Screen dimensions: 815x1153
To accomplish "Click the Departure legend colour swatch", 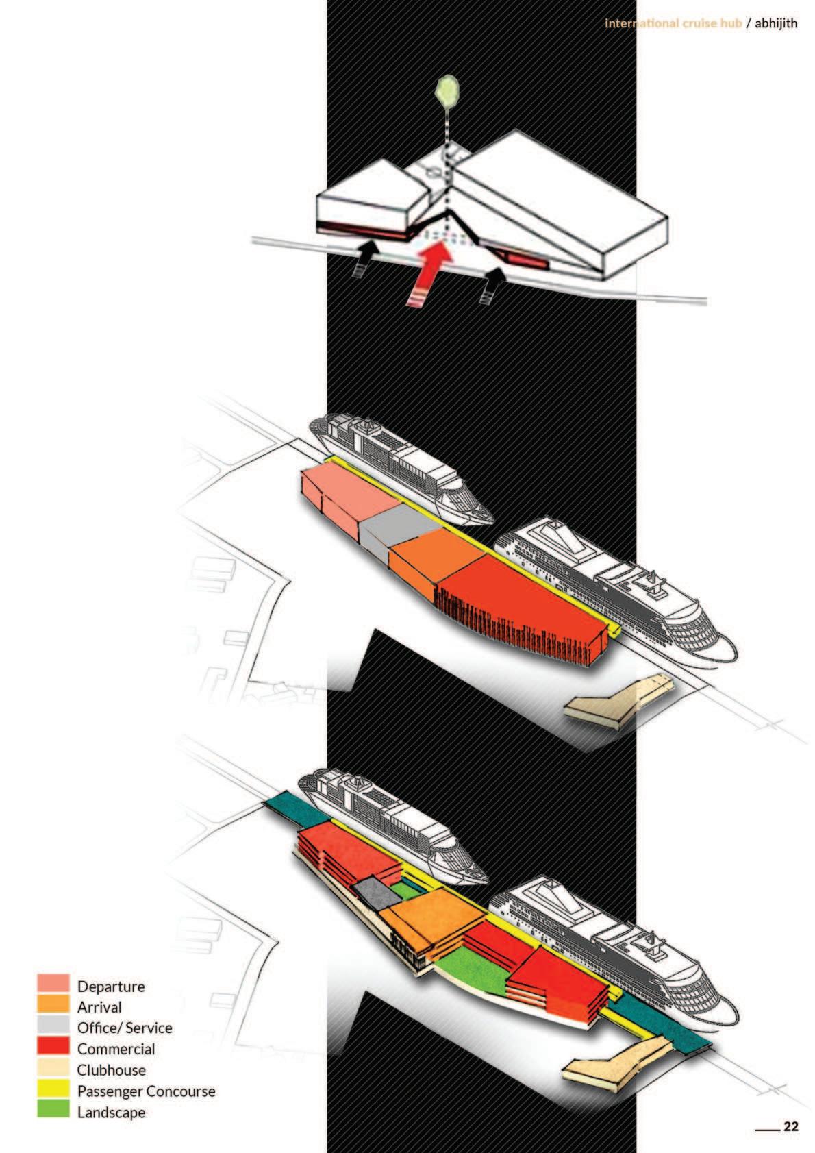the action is [x=53, y=984].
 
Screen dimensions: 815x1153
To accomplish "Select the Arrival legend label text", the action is [x=99, y=1007].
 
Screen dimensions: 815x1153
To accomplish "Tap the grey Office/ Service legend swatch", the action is [x=53, y=1026].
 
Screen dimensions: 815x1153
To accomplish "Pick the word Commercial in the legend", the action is [x=116, y=1049].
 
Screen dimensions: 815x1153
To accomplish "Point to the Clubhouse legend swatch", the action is [x=53, y=1068].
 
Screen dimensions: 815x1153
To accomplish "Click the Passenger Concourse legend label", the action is [x=146, y=1091].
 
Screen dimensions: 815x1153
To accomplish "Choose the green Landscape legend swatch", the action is [x=53, y=1110].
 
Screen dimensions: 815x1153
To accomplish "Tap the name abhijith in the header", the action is [x=776, y=23].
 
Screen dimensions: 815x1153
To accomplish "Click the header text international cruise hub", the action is [x=673, y=23].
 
